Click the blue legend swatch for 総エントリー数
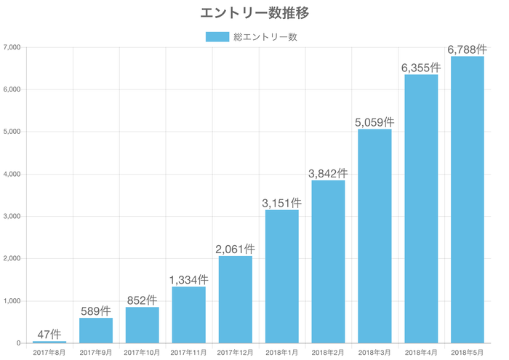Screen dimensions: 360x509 [x=217, y=36]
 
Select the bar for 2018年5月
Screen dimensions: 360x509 [x=467, y=199]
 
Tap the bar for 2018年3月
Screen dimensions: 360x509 [x=374, y=236]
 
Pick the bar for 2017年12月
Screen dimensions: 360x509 [x=235, y=299]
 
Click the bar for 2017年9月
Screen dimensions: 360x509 [x=96, y=330]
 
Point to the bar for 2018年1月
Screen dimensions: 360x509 [x=281, y=276]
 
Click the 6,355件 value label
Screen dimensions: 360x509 [x=420, y=67]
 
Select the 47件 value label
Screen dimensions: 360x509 [x=49, y=334]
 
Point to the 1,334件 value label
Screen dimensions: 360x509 [x=188, y=279]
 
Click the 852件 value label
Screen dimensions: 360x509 [x=142, y=300]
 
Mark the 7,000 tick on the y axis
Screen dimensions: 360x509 [x=12, y=47]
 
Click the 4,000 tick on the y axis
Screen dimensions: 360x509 [x=12, y=175]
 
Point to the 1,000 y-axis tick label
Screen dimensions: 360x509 [x=12, y=301]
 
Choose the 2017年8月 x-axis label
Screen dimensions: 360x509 [x=49, y=353]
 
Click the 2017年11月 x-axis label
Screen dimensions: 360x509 [x=188, y=353]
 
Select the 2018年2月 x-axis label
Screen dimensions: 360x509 [x=328, y=353]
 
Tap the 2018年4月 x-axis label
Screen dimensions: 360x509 [x=420, y=353]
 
